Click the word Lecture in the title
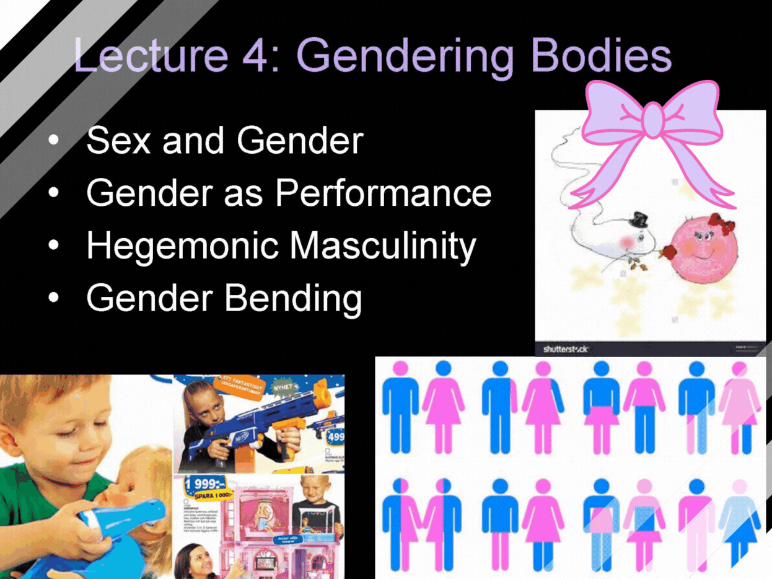(x=151, y=56)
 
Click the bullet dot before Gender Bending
(x=55, y=298)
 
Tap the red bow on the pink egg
(x=721, y=224)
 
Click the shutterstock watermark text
(x=565, y=349)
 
